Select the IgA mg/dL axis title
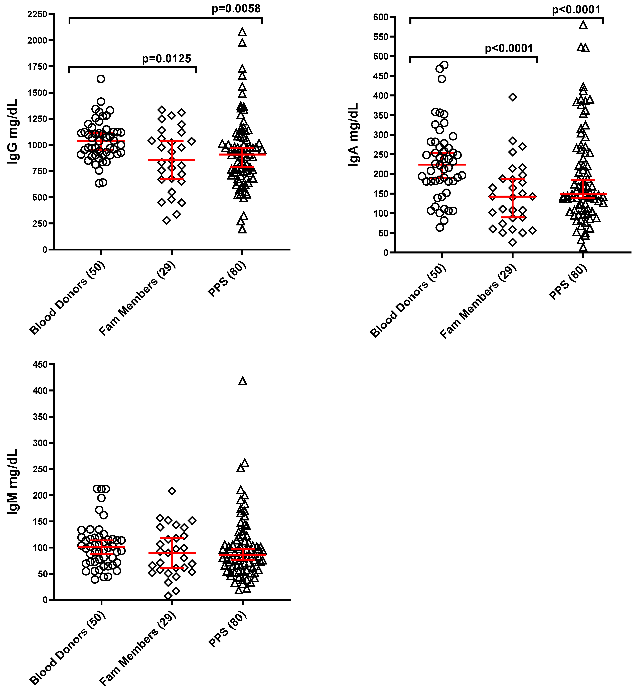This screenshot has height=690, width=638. (x=353, y=135)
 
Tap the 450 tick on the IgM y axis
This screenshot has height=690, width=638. (x=40, y=365)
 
